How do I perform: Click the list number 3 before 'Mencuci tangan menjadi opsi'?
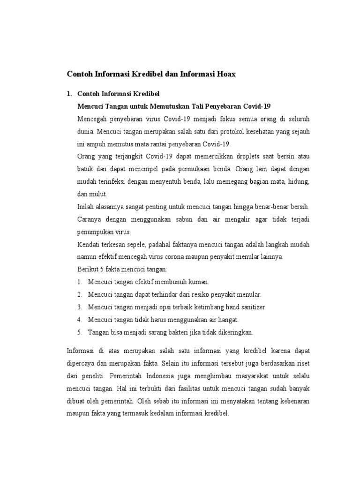coord(80,307)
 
